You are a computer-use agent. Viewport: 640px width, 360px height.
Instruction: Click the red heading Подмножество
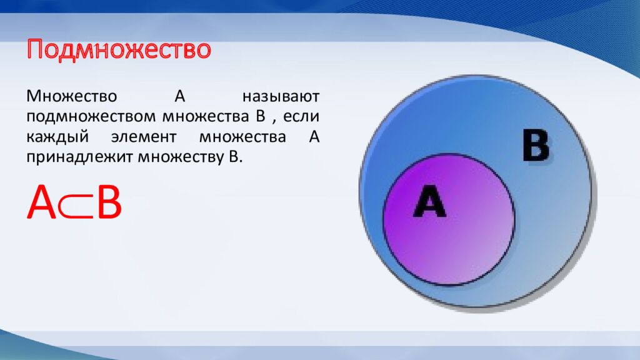point(119,50)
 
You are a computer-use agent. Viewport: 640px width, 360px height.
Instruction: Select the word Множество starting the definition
point(72,96)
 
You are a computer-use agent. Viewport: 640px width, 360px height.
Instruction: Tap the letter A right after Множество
point(180,96)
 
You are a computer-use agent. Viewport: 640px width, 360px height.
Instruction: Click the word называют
point(281,97)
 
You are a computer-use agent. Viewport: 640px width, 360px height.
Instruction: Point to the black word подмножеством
point(91,117)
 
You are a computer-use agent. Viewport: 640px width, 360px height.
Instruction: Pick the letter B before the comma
point(261,116)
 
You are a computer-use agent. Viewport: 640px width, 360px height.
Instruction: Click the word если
point(301,117)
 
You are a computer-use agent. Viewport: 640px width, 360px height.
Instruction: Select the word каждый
point(57,137)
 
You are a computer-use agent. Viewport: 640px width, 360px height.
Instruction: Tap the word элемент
point(144,137)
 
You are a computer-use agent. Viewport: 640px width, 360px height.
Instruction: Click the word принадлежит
point(79,157)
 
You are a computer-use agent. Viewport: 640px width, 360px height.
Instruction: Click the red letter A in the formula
point(42,202)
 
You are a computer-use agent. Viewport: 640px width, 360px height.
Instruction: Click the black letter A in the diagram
point(429,201)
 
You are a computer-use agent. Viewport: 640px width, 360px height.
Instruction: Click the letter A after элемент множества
point(314,137)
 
